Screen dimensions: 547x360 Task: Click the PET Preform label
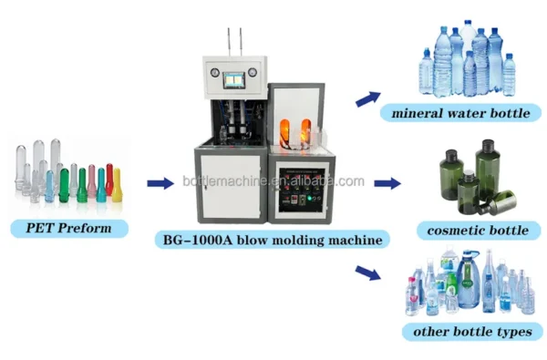click(x=69, y=229)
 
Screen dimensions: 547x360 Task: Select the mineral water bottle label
click(x=460, y=113)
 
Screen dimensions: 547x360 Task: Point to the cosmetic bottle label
click(x=478, y=231)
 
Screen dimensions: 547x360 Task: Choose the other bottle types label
click(x=472, y=332)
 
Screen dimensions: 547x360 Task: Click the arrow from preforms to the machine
click(x=160, y=183)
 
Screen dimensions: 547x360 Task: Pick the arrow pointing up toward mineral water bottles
click(x=368, y=98)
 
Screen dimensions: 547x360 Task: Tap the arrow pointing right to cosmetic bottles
click(x=387, y=183)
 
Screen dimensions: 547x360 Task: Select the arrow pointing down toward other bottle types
click(x=368, y=273)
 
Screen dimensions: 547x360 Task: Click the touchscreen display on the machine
click(x=234, y=80)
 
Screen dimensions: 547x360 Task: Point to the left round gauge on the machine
click(x=215, y=73)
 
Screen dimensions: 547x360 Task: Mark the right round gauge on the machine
click(x=253, y=73)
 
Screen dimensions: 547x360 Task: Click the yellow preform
click(x=117, y=185)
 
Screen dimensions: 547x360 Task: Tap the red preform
click(x=109, y=179)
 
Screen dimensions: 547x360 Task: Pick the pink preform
click(x=92, y=180)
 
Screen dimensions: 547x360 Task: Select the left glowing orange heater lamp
click(x=284, y=133)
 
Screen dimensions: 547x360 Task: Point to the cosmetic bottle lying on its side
click(x=498, y=203)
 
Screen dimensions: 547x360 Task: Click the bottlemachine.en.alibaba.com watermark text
click(x=273, y=181)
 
